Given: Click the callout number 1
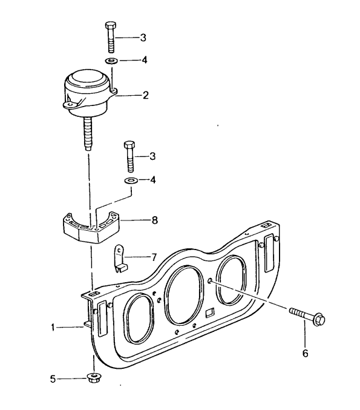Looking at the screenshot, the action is coord(53,327).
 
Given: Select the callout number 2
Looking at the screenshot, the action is coord(146,95).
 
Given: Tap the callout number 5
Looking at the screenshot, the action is coord(53,379).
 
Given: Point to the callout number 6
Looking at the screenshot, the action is coord(305,353).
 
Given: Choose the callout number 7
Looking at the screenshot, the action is coord(154,257).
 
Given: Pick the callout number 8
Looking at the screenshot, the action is coord(155,220).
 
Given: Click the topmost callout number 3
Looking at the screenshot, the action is coord(143,38).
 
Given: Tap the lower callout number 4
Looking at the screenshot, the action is coord(152,180).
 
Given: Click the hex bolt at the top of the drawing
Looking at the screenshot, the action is coord(111,38).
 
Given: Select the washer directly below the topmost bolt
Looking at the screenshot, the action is coord(112,61).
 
